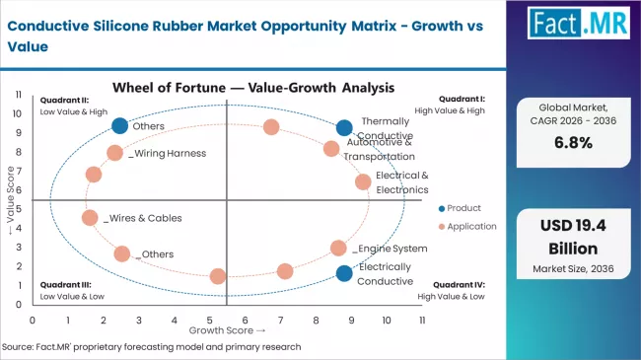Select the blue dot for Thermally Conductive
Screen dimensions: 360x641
pyautogui.click(x=343, y=127)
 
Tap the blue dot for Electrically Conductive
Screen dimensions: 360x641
pyautogui.click(x=343, y=273)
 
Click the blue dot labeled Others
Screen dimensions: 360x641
pyautogui.click(x=120, y=125)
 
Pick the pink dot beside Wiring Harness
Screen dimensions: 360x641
pyautogui.click(x=115, y=153)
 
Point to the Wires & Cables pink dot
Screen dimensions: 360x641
pyautogui.click(x=90, y=218)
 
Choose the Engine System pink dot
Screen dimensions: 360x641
pyautogui.click(x=338, y=248)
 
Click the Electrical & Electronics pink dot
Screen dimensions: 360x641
pyautogui.click(x=363, y=181)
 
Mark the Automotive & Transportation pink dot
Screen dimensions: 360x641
pyautogui.click(x=331, y=149)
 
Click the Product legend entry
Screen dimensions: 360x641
pyautogui.click(x=463, y=207)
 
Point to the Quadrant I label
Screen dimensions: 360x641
pyautogui.click(x=463, y=99)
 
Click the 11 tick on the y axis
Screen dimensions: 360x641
pyautogui.click(x=19, y=94)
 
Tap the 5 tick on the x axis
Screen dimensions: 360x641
pyautogui.click(x=210, y=320)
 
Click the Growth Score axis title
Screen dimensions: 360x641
pyautogui.click(x=227, y=330)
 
